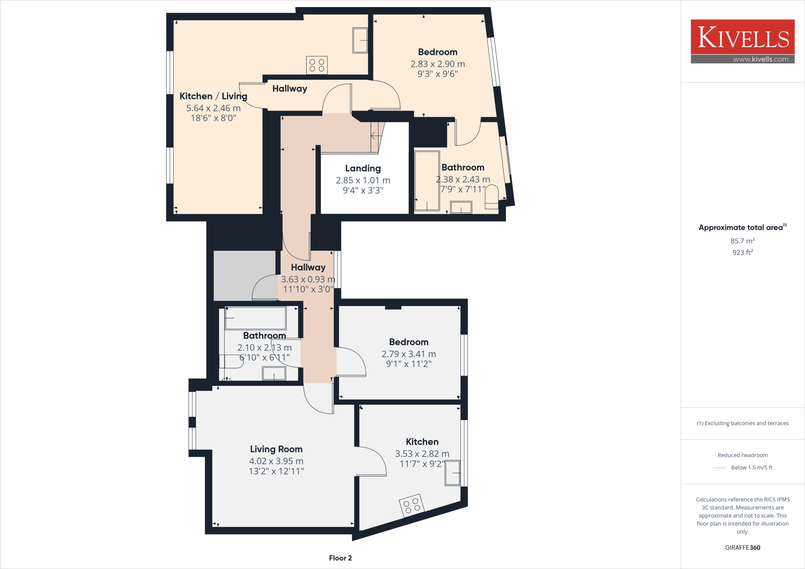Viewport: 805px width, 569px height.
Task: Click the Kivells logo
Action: (742, 37)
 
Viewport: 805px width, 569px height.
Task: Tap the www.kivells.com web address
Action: (760, 59)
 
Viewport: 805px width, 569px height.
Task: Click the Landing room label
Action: (363, 169)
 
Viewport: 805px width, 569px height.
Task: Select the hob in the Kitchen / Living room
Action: (317, 65)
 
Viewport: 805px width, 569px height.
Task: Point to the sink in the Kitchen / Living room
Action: (360, 40)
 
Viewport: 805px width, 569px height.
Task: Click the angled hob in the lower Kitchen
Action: (412, 505)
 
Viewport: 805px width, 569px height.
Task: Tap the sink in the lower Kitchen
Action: (452, 473)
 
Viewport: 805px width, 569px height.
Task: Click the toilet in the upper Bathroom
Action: (491, 197)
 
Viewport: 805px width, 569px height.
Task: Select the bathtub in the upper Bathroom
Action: (427, 180)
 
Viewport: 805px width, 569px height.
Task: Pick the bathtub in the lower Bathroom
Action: (255, 318)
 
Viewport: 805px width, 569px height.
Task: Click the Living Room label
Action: (276, 449)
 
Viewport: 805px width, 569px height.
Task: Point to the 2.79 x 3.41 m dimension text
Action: (408, 354)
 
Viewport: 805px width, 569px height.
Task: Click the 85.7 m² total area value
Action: (742, 241)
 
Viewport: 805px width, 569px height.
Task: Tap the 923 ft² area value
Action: (742, 252)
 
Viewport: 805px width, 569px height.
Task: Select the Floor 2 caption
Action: (340, 558)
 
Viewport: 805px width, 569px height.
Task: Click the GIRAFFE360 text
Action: (742, 547)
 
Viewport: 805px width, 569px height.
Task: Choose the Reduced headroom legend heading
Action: (742, 455)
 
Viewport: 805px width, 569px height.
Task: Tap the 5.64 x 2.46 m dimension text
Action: (213, 108)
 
